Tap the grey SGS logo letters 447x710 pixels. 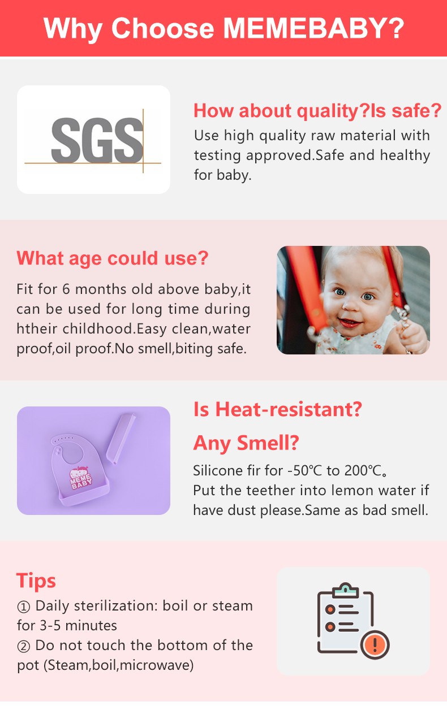point(97,141)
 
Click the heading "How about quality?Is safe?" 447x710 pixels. point(317,111)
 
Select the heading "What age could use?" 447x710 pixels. point(112,258)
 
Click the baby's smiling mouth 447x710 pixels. point(351,322)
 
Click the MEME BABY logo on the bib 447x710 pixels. point(80,477)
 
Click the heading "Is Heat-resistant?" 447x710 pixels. point(278,409)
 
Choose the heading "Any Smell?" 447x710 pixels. point(246,443)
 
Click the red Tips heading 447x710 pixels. point(36,581)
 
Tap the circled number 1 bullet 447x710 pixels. point(23,607)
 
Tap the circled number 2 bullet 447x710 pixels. point(23,646)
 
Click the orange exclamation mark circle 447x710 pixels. point(375,644)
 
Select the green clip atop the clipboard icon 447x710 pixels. point(346,590)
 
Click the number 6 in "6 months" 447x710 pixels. point(66,289)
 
